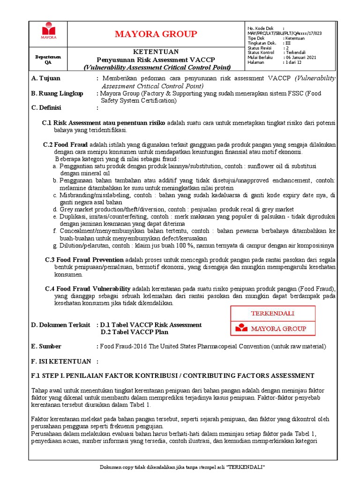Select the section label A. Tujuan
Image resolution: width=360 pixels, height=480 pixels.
click(46, 78)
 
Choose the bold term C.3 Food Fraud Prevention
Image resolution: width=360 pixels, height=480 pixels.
click(84, 259)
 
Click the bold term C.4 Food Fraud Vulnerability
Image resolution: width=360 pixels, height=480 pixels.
click(88, 288)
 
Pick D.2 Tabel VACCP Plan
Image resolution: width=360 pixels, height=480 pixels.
click(135, 332)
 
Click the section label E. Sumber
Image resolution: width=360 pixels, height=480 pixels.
click(46, 346)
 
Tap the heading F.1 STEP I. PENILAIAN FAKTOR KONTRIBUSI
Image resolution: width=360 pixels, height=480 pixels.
click(172, 375)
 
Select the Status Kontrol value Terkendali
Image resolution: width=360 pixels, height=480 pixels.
click(295, 52)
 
